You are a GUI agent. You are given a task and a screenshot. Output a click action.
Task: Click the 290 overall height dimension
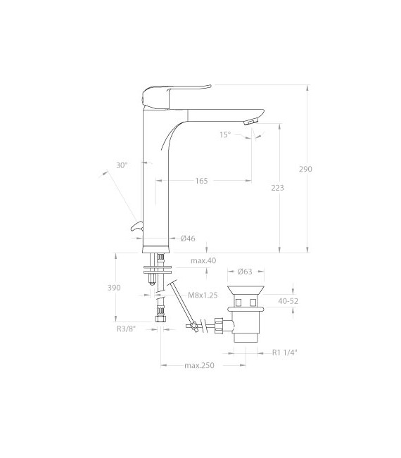[305, 169]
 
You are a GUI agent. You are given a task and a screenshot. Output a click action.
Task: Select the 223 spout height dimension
[277, 188]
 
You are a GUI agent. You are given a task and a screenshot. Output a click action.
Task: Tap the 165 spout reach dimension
[201, 181]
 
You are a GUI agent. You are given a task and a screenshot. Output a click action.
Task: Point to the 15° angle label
[225, 134]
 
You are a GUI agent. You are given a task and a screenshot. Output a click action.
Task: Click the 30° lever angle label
[122, 165]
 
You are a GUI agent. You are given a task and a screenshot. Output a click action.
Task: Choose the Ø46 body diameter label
[188, 238]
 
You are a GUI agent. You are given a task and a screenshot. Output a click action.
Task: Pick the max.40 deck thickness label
[203, 260]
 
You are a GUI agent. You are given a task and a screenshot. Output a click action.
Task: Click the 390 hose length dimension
[114, 288]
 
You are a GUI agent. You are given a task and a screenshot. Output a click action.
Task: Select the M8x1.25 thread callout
[203, 295]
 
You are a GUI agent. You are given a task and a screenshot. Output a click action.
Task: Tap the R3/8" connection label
[127, 329]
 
